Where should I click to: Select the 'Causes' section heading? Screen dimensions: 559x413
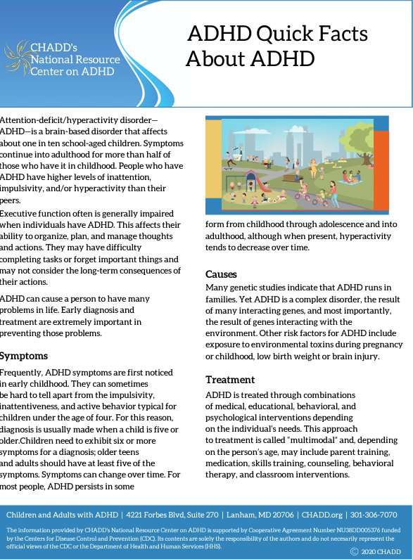coord(221,274)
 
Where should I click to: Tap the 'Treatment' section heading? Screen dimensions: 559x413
coord(230,380)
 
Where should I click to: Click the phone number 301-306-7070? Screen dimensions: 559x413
coord(374,515)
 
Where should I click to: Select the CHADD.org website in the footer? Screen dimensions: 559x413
coord(323,515)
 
